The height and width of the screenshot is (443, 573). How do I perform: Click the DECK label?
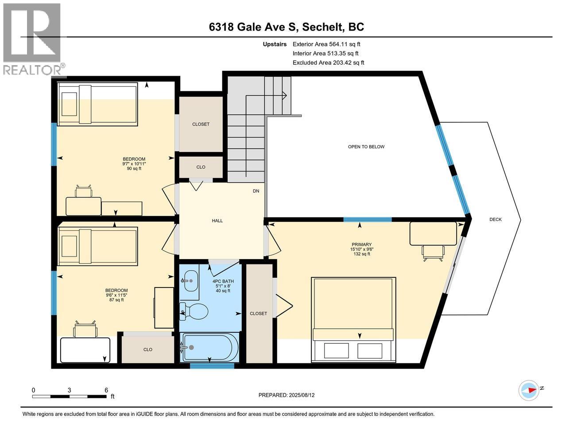pyautogui.click(x=495, y=219)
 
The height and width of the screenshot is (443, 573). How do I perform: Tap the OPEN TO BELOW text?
pyautogui.click(x=366, y=147)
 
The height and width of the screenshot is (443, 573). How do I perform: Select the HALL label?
pyautogui.click(x=217, y=221)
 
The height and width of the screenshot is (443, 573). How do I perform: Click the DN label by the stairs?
pyautogui.click(x=256, y=191)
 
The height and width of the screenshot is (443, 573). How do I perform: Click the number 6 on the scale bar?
pyautogui.click(x=106, y=390)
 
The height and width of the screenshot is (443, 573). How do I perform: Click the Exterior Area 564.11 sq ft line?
pyautogui.click(x=326, y=44)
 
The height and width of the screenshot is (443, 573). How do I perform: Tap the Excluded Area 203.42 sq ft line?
pyautogui.click(x=328, y=63)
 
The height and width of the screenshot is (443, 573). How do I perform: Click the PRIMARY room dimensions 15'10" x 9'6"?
pyautogui.click(x=362, y=249)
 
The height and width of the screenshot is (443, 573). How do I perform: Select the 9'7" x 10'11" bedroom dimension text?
pyautogui.click(x=134, y=164)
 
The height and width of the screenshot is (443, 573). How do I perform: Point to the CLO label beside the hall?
pyautogui.click(x=201, y=167)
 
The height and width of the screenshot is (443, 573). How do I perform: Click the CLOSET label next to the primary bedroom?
pyautogui.click(x=258, y=314)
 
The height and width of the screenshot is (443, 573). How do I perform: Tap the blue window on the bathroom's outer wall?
pyautogui.click(x=212, y=365)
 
